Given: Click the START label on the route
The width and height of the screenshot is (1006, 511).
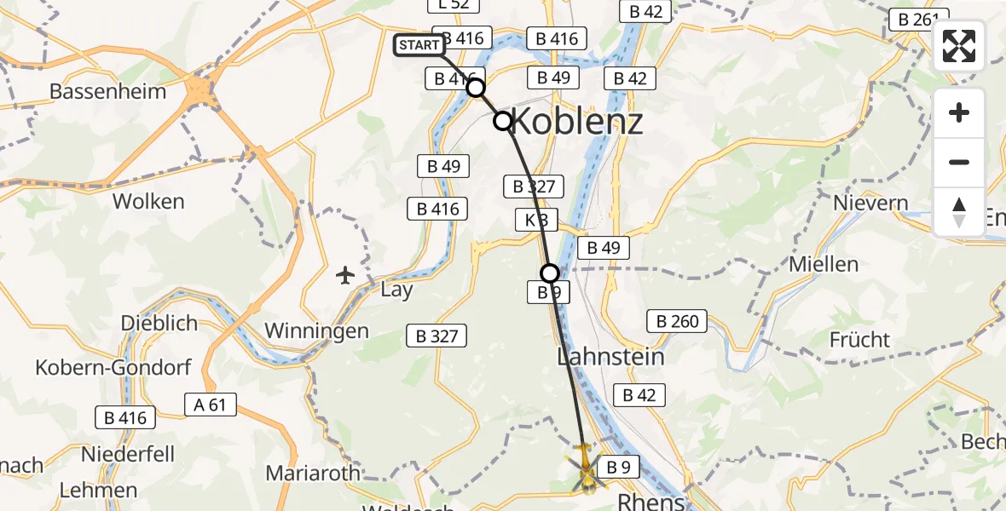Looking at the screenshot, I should click(x=419, y=45).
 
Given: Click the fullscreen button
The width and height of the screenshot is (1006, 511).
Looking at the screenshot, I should click(x=959, y=46).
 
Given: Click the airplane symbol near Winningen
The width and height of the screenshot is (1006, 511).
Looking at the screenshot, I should click(x=345, y=275).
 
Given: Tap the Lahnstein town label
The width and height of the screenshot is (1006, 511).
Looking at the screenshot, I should click(x=610, y=356).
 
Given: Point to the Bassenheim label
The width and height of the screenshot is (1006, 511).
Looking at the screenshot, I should click(x=107, y=91).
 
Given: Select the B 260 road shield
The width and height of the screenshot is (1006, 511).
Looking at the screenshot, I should click(x=677, y=321).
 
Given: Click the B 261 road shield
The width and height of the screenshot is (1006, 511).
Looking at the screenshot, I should click(x=918, y=19).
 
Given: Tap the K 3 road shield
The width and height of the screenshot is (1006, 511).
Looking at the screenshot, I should click(x=536, y=221).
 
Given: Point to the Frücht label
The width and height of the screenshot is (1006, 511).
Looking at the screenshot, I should click(x=859, y=340).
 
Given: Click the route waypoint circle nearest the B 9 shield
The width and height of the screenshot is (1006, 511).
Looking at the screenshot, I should click(x=550, y=273).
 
